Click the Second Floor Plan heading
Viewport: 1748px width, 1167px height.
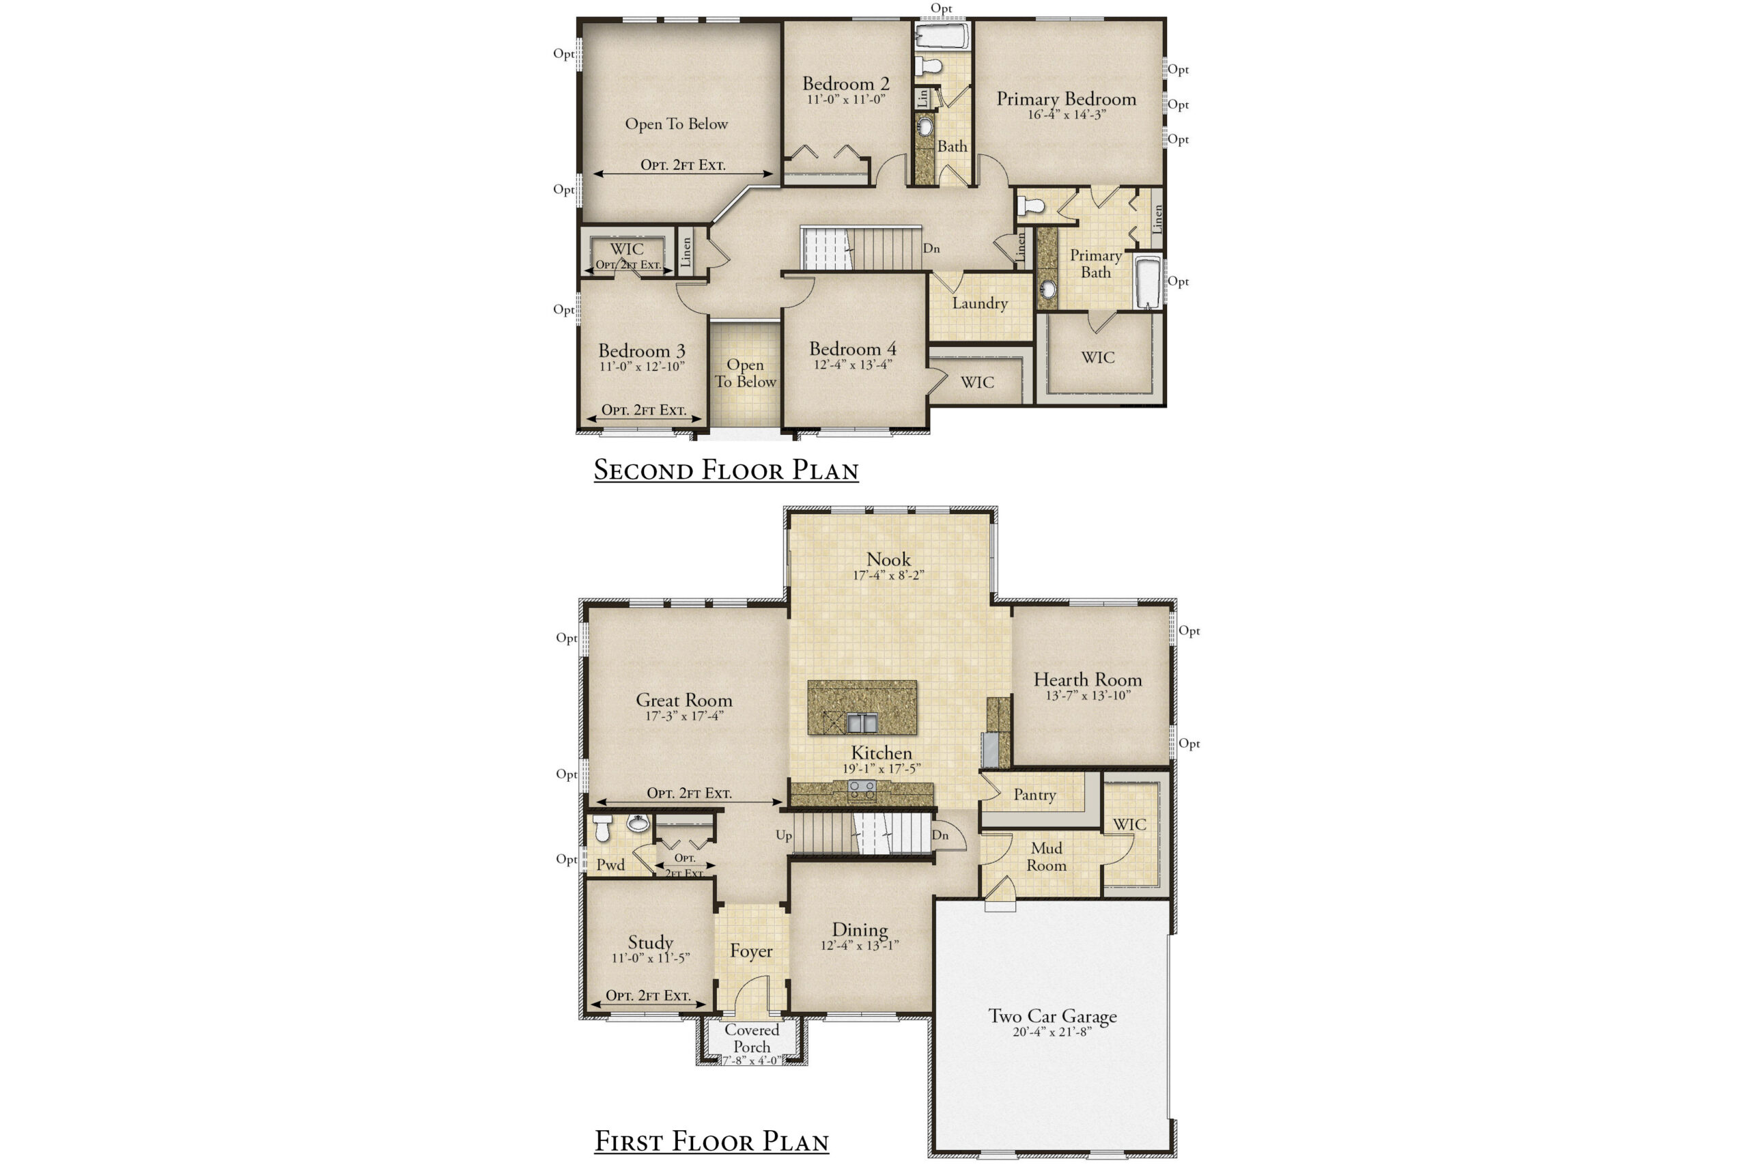[x=726, y=470]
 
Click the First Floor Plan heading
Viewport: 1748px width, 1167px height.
[x=711, y=1141]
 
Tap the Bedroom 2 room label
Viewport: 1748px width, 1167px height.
[x=845, y=83]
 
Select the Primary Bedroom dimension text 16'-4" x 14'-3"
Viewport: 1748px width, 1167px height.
[x=1067, y=115]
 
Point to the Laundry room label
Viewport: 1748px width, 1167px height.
[x=980, y=304]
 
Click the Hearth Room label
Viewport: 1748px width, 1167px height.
[x=1087, y=679]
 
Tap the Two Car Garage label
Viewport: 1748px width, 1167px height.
[x=1052, y=1017]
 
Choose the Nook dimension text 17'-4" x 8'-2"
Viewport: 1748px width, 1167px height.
[x=888, y=576]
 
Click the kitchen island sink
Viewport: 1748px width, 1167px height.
[x=862, y=722]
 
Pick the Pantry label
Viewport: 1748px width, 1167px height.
[x=1034, y=795]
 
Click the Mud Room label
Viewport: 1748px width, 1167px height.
[x=1046, y=857]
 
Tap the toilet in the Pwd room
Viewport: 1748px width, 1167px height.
[x=603, y=828]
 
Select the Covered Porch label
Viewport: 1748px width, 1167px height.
[x=752, y=1038]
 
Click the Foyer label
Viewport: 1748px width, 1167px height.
[x=751, y=951]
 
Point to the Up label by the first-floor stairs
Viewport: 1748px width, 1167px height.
[x=784, y=835]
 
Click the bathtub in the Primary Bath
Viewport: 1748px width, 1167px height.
[x=1148, y=282]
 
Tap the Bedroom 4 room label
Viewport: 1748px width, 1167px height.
[x=853, y=348]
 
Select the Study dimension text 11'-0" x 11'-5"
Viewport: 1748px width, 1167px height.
[x=651, y=958]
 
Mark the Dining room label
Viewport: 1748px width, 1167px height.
[x=860, y=929]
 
